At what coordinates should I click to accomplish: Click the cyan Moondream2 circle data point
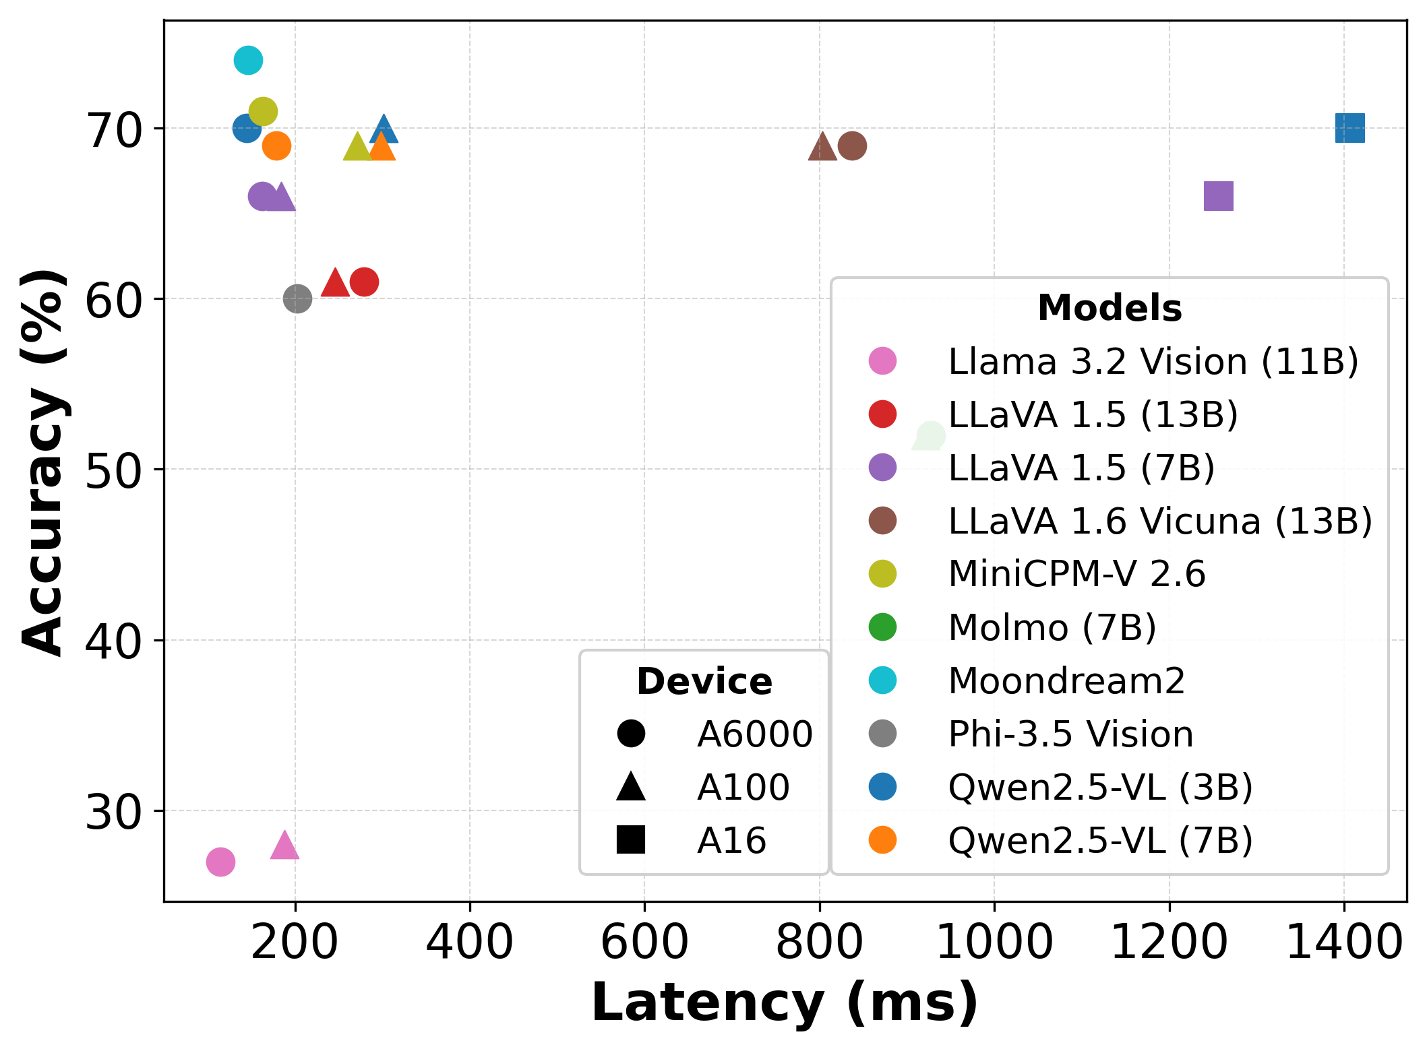(x=248, y=61)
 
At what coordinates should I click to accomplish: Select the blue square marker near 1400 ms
(x=1349, y=128)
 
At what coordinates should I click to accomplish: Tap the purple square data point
(x=1218, y=196)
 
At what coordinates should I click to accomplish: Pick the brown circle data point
(x=852, y=146)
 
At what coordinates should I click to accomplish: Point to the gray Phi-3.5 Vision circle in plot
(x=297, y=298)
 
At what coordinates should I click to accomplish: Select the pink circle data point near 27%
(x=220, y=862)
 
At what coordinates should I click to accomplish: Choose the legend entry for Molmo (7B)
(x=1052, y=627)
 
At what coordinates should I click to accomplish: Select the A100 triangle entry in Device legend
(x=631, y=787)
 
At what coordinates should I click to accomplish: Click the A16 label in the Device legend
(x=731, y=840)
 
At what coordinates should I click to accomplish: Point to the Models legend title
(x=1109, y=309)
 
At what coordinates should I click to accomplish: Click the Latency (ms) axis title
(x=785, y=1003)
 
